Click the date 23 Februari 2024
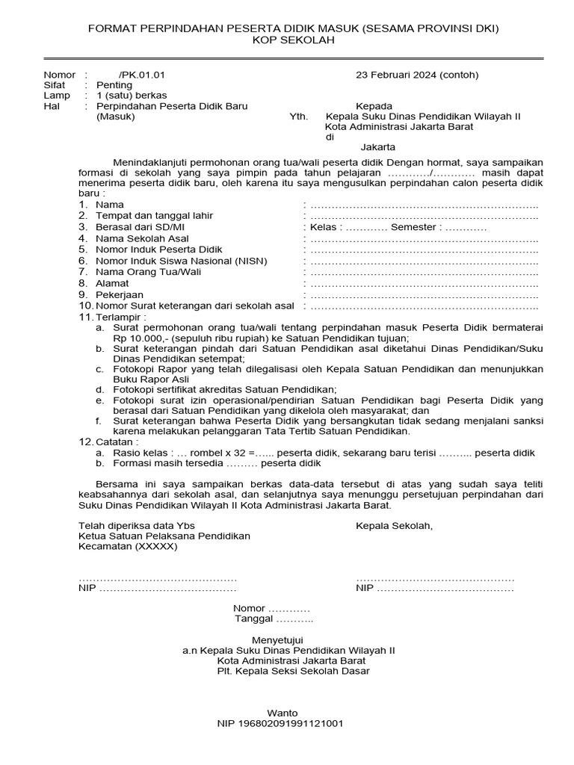[395, 75]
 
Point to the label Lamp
[57, 96]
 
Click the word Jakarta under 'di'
[377, 147]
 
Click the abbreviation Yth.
[298, 117]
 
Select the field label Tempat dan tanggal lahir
[154, 216]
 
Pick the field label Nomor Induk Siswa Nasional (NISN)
[182, 261]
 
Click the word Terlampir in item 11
[116, 317]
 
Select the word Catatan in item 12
[115, 442]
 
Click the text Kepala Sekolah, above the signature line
[394, 526]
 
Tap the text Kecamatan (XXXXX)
[128, 546]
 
